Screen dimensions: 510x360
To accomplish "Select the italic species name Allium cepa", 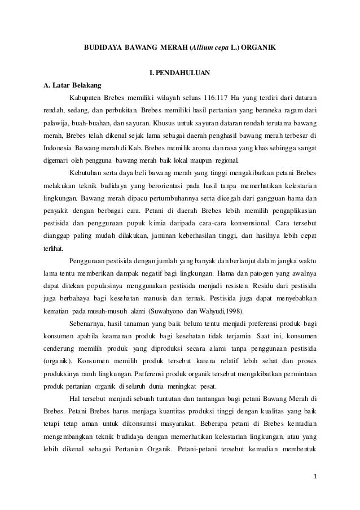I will [211, 49].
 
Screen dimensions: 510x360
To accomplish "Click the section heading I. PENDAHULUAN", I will [180, 73].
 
